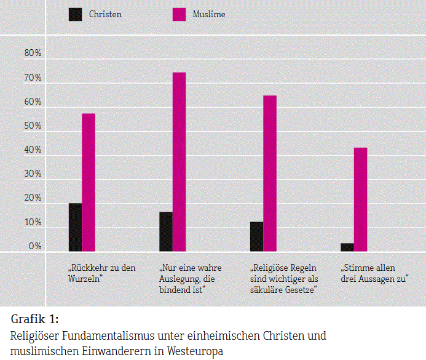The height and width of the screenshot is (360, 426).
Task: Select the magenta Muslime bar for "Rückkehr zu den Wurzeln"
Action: (89, 182)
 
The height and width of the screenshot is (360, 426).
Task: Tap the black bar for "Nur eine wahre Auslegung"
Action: (165, 231)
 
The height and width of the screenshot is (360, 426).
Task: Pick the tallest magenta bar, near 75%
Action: (179, 161)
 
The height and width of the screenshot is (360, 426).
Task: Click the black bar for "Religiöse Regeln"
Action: (256, 236)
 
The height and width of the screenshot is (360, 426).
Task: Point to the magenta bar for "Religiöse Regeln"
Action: (270, 173)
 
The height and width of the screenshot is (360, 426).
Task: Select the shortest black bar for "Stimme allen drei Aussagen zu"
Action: (347, 247)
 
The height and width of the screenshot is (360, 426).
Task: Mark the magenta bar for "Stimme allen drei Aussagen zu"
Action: (360, 199)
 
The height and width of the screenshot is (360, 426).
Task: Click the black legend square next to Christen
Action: (75, 14)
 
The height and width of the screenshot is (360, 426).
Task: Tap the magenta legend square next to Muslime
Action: (179, 14)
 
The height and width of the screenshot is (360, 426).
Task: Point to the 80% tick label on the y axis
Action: (33, 54)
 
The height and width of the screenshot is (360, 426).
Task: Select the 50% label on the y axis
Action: (33, 126)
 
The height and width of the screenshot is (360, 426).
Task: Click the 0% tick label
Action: (35, 247)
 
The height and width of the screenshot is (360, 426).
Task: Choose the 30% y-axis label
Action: (33, 174)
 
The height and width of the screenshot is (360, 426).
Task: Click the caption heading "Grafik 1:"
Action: (35, 319)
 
